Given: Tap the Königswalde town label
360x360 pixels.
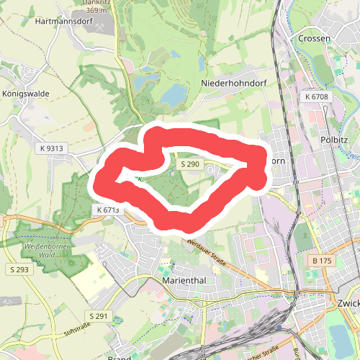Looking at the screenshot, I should pyautogui.click(x=27, y=94).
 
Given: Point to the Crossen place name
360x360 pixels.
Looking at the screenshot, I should pyautogui.click(x=314, y=38).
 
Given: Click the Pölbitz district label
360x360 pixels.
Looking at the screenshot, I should pyautogui.click(x=335, y=140).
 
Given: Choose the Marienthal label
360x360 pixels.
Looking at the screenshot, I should pyautogui.click(x=185, y=279).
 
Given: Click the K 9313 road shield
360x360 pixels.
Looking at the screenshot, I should pyautogui.click(x=53, y=148).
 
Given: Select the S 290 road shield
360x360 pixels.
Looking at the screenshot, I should pyautogui.click(x=190, y=165).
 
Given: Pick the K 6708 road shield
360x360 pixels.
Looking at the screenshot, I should pyautogui.click(x=316, y=96).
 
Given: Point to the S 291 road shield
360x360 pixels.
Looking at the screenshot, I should pyautogui.click(x=99, y=316).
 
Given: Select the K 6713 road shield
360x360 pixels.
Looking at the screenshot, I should pyautogui.click(x=107, y=210).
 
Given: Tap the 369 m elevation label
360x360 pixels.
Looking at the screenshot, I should pyautogui.click(x=96, y=11).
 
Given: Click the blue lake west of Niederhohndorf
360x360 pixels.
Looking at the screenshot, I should pyautogui.click(x=173, y=94).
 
